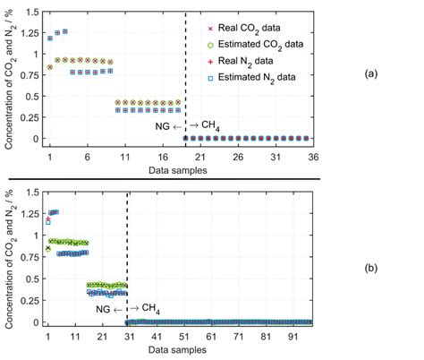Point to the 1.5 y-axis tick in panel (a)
point(33,12)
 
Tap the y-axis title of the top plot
point(11,79)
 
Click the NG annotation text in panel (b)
point(106,309)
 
